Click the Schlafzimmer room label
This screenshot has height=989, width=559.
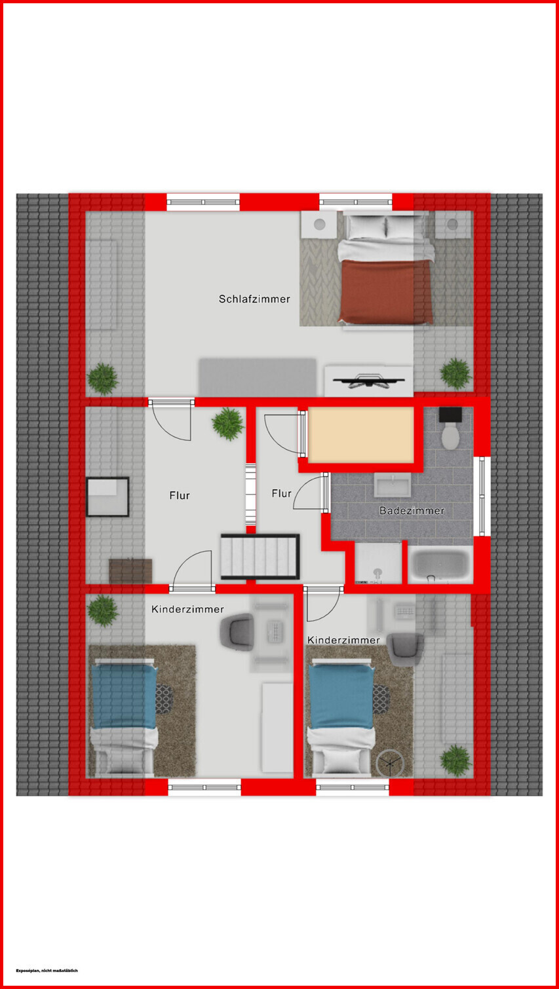254,299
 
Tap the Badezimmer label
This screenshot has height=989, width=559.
412,510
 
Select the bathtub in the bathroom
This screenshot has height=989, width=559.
440,565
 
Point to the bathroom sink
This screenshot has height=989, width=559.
393,485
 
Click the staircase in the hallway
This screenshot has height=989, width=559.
260,556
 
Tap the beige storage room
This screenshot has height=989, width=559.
360,435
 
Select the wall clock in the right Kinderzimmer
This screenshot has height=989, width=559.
390,762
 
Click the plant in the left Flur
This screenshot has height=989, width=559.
228,424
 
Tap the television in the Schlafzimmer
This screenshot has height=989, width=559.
368,381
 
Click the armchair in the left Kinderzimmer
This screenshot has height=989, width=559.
237,632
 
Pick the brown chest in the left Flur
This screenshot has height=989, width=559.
131,571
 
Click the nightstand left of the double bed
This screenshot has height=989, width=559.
319,225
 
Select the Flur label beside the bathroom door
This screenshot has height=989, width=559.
282,494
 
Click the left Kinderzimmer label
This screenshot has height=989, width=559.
188,609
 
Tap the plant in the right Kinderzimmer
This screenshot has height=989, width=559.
455,760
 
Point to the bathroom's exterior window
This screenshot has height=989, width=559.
482,496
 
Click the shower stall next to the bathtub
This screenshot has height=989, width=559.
378,563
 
